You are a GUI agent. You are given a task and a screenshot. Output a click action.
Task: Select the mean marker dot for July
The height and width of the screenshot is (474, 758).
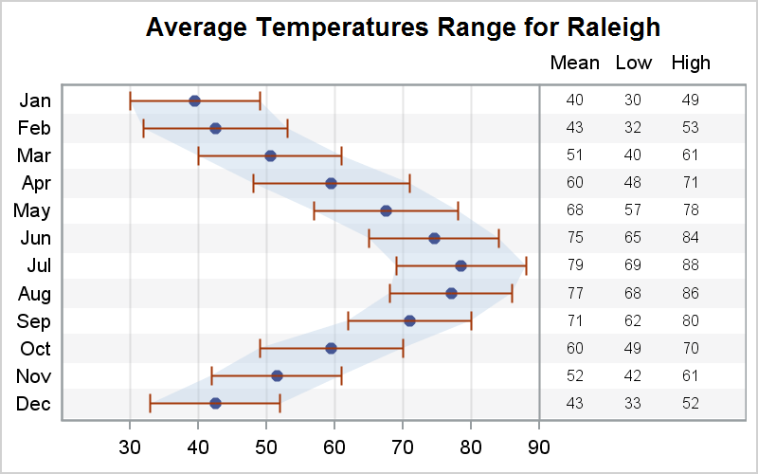[x=460, y=265]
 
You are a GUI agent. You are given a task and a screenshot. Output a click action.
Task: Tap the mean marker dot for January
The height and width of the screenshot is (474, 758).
[x=194, y=100]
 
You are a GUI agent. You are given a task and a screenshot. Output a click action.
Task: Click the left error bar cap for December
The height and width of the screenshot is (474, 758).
[x=150, y=403]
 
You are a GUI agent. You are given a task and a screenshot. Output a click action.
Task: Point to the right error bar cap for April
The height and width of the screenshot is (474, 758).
[x=409, y=183]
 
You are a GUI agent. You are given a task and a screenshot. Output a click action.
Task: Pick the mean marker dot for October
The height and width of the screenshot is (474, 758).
[x=331, y=348]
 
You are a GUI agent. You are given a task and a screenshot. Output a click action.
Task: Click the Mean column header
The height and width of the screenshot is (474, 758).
[x=574, y=64]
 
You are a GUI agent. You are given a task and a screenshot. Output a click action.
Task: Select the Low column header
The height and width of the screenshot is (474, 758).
[x=633, y=64]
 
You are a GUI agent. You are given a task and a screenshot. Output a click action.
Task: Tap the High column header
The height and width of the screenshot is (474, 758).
[x=690, y=64]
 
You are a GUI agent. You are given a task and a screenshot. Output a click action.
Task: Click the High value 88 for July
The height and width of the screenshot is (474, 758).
[x=690, y=265]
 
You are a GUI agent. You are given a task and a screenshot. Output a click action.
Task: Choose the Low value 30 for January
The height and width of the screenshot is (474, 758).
[x=633, y=100]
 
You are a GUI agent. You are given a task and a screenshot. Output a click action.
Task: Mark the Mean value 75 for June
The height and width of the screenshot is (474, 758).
[x=574, y=238]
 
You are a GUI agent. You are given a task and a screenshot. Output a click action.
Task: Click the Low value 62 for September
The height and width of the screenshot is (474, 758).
[x=633, y=320]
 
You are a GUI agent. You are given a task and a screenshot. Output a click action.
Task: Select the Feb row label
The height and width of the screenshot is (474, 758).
[x=35, y=128]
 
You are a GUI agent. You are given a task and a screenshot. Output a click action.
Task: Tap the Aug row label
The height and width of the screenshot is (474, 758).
[x=35, y=293]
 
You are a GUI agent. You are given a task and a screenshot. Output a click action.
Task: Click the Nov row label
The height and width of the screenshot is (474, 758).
[x=35, y=376]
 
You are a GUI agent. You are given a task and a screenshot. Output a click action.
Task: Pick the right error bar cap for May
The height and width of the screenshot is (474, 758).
[x=458, y=210]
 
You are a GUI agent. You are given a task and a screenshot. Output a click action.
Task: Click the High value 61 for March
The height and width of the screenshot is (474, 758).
[x=690, y=155]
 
